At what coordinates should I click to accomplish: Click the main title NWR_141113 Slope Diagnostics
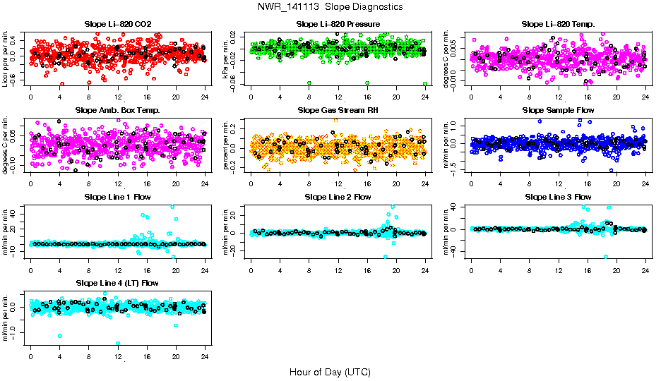tap(330, 6)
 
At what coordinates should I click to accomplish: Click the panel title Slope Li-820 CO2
tap(117, 24)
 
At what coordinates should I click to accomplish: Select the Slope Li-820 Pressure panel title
tap(338, 24)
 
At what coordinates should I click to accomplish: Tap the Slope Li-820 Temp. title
tap(558, 24)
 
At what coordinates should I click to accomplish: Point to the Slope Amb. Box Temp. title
tap(117, 110)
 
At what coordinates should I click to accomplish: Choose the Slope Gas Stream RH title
tap(338, 110)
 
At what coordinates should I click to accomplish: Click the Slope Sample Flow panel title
tap(558, 110)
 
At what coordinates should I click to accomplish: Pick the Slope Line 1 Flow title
tap(117, 196)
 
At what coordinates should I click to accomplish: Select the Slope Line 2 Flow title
tap(338, 196)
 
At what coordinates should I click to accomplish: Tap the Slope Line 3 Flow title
tap(558, 196)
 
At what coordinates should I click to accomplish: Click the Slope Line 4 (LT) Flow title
tap(117, 283)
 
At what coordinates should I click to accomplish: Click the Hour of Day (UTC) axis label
tap(330, 371)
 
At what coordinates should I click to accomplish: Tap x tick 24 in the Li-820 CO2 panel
tap(205, 97)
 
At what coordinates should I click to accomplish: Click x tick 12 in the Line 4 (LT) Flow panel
tap(118, 356)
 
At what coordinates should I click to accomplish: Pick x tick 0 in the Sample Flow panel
tap(472, 183)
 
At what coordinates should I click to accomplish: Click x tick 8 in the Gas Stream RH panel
tap(309, 183)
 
